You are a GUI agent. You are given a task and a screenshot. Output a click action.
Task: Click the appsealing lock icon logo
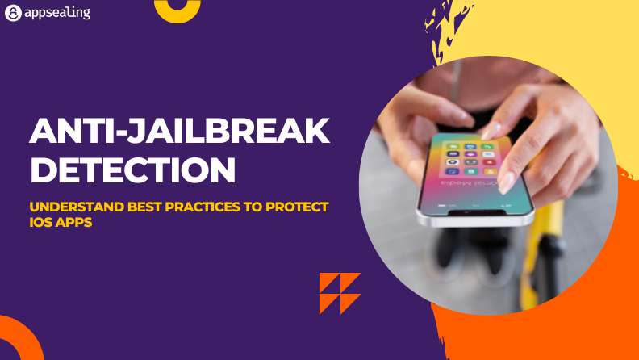point(13,13)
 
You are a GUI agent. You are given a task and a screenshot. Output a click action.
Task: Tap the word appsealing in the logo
point(57,13)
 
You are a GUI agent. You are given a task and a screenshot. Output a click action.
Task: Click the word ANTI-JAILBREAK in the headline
point(179,131)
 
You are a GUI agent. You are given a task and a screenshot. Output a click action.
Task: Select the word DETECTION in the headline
point(133,170)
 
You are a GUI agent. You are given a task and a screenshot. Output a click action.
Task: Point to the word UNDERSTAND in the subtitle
point(77,207)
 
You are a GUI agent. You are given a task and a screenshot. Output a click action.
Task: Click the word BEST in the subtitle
point(144,207)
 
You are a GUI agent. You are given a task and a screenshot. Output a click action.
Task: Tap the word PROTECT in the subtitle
point(297,207)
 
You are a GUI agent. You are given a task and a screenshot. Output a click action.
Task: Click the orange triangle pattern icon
point(340,294)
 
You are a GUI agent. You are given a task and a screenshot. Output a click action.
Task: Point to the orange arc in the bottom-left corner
point(29,330)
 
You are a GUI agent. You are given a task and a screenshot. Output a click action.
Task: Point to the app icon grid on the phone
point(470,158)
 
